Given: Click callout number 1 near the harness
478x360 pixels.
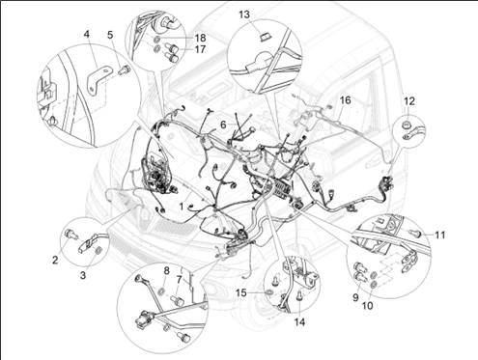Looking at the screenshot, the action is coord(182,207).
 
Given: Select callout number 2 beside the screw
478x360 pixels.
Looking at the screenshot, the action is coord(55,260).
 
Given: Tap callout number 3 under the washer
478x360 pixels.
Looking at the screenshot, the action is coord(83,275).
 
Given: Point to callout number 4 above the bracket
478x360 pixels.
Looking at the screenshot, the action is coord(87,34).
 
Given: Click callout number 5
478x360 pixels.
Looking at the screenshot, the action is coord(110,35).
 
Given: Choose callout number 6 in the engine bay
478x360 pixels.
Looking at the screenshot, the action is coord(224,125).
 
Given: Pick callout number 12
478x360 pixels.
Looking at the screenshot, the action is coord(409,101).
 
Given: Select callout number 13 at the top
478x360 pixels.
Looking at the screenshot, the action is coord(244,14).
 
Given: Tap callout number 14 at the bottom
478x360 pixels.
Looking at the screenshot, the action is coord(299,321).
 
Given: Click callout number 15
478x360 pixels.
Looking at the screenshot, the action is coord(241,292).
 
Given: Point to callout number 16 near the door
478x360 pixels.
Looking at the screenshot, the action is coord(345,100).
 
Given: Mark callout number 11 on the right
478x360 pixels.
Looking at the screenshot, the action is coord(439,235).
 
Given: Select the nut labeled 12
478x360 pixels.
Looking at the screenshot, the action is coord(406,125).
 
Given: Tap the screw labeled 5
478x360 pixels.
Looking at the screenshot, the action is coord(123,70).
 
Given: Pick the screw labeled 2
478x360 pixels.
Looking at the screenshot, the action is coord(70,235).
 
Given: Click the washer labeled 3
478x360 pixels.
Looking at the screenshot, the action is coord(98,250).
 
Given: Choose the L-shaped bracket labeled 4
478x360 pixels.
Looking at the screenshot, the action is coord(98,79).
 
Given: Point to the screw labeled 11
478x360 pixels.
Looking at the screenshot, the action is coord(415,233).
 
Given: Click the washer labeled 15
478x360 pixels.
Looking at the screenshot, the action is coord(268,292).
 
